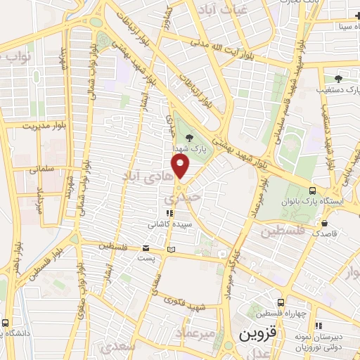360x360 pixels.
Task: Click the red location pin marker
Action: point(181,167)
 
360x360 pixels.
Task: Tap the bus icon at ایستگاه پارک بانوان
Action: point(312,191)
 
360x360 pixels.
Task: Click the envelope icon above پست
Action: point(146,248)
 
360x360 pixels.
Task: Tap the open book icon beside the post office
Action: point(172,249)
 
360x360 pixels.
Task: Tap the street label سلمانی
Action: point(44,169)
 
